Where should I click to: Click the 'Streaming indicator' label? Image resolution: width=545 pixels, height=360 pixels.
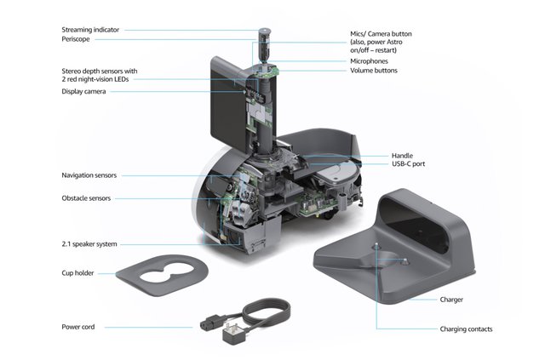[x=90, y=30]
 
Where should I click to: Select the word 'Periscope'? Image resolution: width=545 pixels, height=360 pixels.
[x=76, y=39]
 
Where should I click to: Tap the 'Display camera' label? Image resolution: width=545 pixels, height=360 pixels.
[x=83, y=92]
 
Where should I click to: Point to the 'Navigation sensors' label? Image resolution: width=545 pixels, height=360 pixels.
[x=89, y=175]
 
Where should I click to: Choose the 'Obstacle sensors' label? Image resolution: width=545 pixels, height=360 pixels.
[x=86, y=198]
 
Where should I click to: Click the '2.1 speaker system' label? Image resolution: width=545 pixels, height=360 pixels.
[x=89, y=243]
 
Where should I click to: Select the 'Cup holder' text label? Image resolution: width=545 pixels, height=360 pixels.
[x=77, y=273]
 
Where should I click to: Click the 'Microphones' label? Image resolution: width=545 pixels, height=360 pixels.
[x=374, y=61]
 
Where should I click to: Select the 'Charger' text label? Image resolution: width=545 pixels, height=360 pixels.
[x=453, y=300]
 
